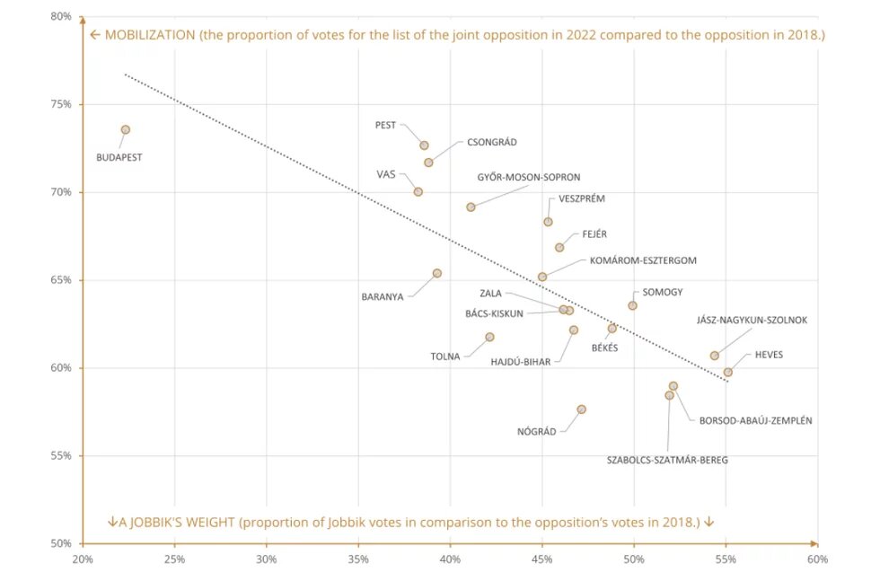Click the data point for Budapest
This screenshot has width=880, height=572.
point(126,130)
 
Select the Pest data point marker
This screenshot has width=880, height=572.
point(424,145)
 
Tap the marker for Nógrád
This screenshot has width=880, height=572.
point(581,409)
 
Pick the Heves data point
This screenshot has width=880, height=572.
point(727,372)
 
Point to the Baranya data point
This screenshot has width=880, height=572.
point(436,273)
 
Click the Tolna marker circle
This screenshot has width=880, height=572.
point(489,337)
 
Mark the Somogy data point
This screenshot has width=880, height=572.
point(632,305)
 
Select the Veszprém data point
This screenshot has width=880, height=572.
point(548,222)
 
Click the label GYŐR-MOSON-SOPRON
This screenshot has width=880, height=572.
point(529,177)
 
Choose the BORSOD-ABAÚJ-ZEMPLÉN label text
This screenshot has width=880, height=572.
point(755,420)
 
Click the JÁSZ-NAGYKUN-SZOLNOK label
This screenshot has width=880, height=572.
point(752,321)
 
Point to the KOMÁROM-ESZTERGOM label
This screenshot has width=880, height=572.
point(643,260)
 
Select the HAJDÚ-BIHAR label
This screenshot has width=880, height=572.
point(520,362)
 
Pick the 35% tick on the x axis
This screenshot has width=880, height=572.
point(357,559)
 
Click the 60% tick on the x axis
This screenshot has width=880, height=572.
point(817,559)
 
